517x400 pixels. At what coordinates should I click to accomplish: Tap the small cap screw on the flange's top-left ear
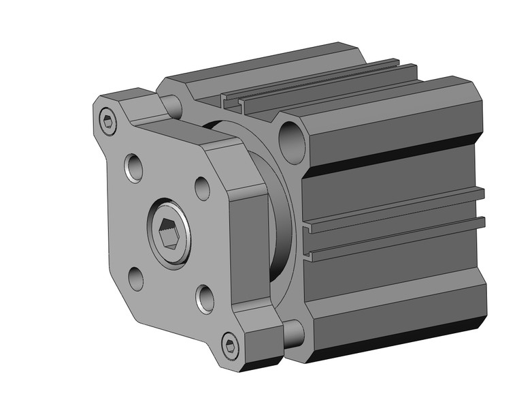tap(107, 121)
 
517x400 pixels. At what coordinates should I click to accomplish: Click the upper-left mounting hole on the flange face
tap(134, 166)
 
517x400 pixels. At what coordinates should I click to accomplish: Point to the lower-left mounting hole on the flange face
tap(135, 277)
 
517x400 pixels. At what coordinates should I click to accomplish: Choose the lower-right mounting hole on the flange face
tap(205, 298)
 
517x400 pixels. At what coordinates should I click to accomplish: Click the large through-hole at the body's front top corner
tap(290, 140)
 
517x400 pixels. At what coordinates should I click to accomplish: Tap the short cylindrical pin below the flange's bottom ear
tap(293, 333)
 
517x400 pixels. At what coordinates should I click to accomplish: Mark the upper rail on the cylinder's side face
tap(395, 207)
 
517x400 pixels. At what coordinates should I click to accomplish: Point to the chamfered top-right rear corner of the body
tap(476, 102)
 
